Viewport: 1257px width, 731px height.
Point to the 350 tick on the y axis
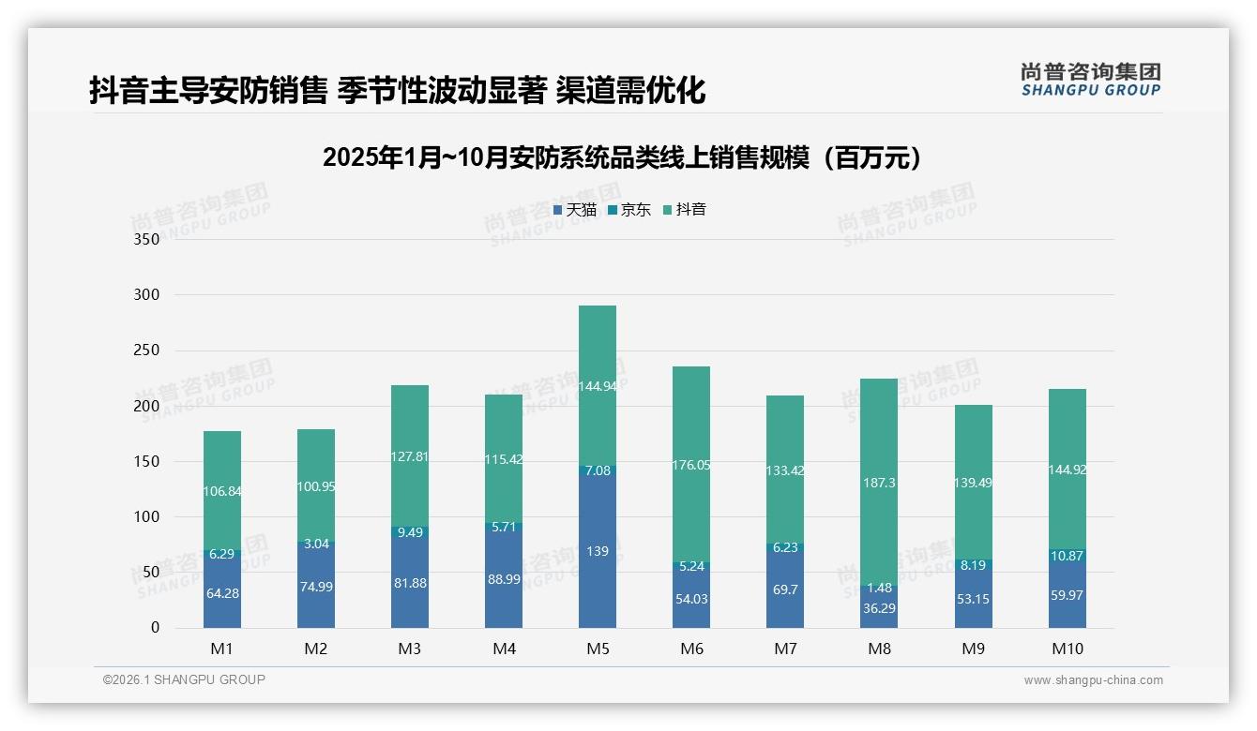click(148, 239)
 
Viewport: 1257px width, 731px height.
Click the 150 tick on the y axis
click(148, 461)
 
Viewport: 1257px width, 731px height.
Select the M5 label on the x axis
click(598, 649)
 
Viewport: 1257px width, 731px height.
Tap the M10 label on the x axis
click(1067, 649)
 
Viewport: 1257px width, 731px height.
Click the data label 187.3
click(879, 483)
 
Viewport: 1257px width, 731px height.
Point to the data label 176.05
click(691, 465)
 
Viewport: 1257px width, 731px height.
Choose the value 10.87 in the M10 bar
click(1067, 556)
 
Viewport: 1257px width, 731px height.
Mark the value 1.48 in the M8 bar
click(879, 588)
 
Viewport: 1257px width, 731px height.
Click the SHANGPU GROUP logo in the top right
click(1090, 79)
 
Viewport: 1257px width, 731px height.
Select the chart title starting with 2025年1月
click(622, 157)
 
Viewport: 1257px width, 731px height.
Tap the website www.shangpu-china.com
click(1093, 680)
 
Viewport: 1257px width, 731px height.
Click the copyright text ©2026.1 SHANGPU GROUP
click(184, 679)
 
